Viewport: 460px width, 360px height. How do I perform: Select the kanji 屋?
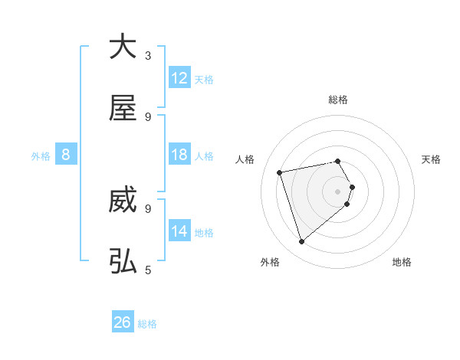click(x=123, y=109)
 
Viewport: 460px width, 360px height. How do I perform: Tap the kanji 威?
click(x=123, y=201)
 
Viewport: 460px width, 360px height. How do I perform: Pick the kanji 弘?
click(x=123, y=262)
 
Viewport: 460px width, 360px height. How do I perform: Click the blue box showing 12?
click(x=179, y=78)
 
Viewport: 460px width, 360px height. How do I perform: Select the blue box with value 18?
click(x=179, y=155)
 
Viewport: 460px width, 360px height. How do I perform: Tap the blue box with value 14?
click(x=179, y=231)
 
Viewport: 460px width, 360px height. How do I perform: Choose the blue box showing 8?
click(x=66, y=155)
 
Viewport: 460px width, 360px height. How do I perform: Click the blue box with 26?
click(x=123, y=322)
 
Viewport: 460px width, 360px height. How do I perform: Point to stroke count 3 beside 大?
click(x=148, y=55)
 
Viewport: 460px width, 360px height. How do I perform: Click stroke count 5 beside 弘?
click(x=148, y=270)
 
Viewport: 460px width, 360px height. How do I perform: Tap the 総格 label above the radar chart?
click(x=338, y=100)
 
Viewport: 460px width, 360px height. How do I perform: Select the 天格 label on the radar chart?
click(x=431, y=159)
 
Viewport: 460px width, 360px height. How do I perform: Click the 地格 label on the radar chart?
click(x=402, y=262)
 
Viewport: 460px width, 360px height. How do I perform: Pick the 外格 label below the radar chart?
click(x=270, y=262)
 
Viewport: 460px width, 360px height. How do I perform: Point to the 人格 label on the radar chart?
click(x=246, y=159)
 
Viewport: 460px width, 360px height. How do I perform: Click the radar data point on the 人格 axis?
click(x=280, y=172)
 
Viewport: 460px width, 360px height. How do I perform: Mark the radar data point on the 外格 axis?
click(x=301, y=242)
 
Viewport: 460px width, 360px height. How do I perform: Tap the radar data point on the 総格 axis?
click(x=338, y=161)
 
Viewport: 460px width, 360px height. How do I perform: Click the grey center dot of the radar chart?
click(x=338, y=191)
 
